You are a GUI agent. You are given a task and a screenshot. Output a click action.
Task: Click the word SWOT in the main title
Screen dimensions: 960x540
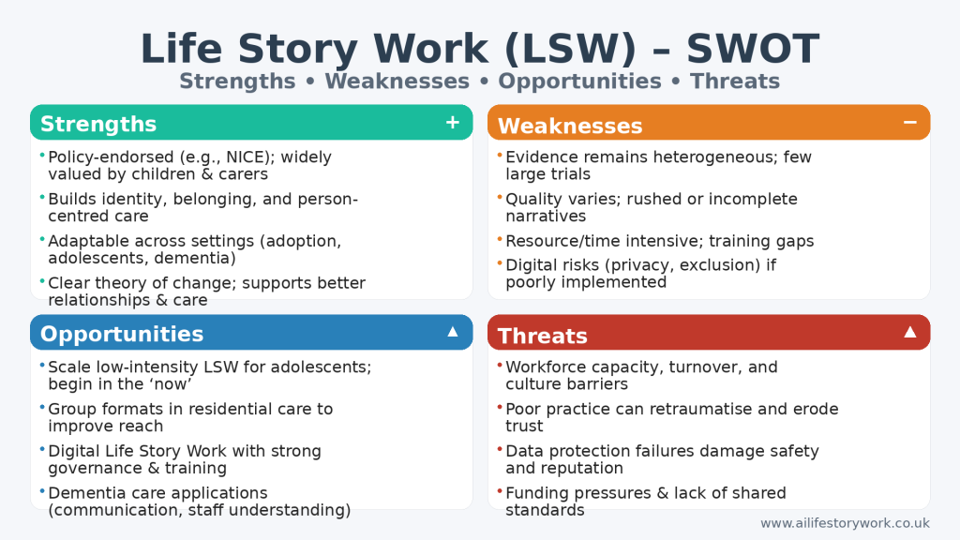pyautogui.click(x=753, y=49)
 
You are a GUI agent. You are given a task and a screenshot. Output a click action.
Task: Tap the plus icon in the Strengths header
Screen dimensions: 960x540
pyautogui.click(x=453, y=123)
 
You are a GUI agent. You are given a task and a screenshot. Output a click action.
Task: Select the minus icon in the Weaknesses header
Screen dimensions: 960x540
pyautogui.click(x=909, y=123)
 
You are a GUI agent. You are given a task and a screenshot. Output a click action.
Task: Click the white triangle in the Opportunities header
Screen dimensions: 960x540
pyautogui.click(x=453, y=332)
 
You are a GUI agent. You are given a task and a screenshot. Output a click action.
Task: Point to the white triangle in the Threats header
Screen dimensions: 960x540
pyautogui.click(x=909, y=332)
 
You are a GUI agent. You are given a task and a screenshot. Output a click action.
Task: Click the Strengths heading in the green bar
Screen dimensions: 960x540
pyautogui.click(x=98, y=124)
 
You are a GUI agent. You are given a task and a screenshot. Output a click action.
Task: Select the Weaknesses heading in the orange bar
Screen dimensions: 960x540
pyautogui.click(x=570, y=127)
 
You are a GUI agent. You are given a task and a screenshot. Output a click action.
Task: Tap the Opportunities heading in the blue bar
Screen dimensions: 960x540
pyautogui.click(x=122, y=335)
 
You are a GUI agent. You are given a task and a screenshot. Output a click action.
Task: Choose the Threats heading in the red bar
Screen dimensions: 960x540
pyautogui.click(x=543, y=337)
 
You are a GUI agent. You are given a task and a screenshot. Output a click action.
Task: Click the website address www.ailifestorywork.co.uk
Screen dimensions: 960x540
pyautogui.click(x=845, y=523)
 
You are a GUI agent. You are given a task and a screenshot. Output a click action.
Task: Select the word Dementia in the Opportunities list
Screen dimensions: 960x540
pyautogui.click(x=83, y=493)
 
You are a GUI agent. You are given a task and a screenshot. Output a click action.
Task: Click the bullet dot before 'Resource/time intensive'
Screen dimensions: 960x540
pyautogui.click(x=501, y=239)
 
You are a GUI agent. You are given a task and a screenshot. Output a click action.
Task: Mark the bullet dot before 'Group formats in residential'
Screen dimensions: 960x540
pyautogui.click(x=42, y=407)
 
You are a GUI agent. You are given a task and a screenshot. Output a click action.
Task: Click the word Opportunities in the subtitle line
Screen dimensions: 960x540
pyautogui.click(x=579, y=82)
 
